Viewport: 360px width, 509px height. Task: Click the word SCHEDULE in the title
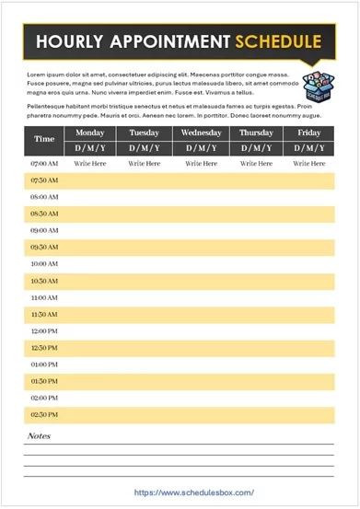(x=277, y=41)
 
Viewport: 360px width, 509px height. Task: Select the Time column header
(x=44, y=140)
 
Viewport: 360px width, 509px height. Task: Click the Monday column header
(x=90, y=133)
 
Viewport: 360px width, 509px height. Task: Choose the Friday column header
(x=309, y=133)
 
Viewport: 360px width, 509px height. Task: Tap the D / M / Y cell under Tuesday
(x=145, y=147)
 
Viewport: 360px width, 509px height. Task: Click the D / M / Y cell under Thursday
(x=255, y=147)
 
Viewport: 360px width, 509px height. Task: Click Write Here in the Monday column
(x=90, y=163)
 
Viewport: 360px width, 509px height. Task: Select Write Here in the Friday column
(x=309, y=163)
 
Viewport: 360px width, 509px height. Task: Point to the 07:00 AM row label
(x=44, y=163)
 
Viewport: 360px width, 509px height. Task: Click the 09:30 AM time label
(x=44, y=248)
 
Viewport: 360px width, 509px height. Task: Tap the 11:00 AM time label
(x=44, y=298)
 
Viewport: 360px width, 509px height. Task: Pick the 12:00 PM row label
(x=44, y=331)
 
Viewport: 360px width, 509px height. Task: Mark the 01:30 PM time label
(x=44, y=381)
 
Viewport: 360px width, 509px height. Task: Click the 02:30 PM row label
(x=44, y=415)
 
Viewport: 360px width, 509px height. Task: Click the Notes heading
(x=39, y=435)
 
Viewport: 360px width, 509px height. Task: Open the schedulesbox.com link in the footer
(x=193, y=492)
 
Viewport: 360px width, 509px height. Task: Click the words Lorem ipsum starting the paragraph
(x=46, y=74)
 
